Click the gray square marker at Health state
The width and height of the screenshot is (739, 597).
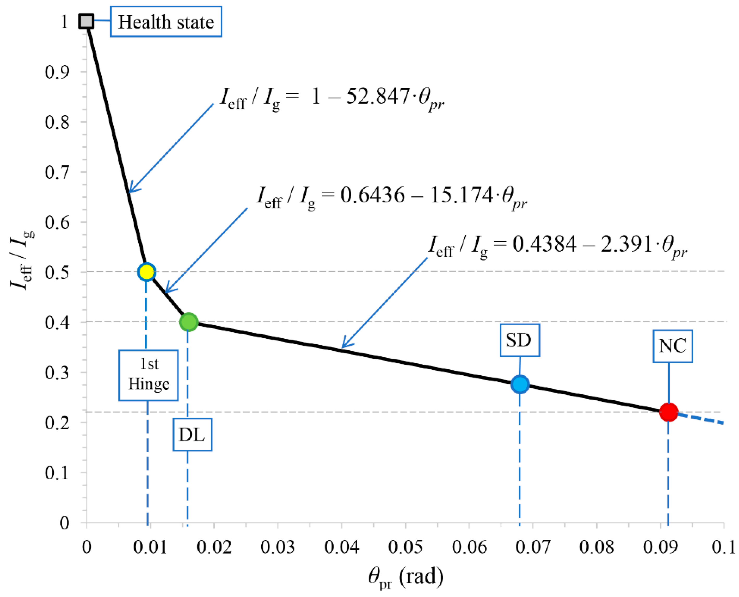click(x=86, y=21)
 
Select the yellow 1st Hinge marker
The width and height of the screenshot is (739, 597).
click(x=147, y=272)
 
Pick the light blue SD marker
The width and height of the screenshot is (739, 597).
click(x=520, y=384)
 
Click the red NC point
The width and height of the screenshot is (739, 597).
click(x=669, y=412)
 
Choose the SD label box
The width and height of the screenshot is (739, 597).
click(x=520, y=340)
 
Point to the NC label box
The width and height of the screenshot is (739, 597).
click(x=673, y=346)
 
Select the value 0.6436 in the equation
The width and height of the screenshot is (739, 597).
click(x=373, y=195)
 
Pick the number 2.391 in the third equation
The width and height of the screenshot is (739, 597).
click(x=626, y=244)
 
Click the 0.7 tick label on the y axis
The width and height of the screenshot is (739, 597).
click(x=57, y=172)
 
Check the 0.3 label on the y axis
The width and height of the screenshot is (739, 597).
click(x=57, y=372)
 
